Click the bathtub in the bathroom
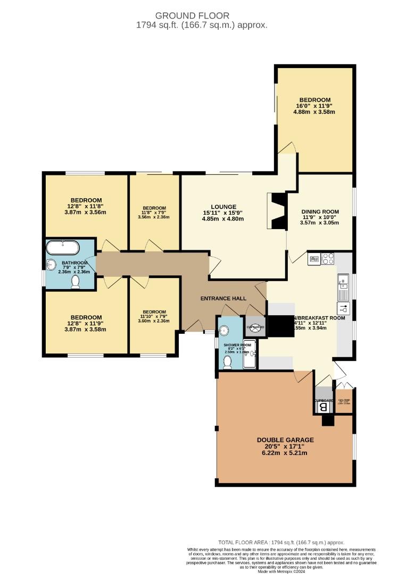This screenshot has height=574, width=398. [x=63, y=248]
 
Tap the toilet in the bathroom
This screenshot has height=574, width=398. [x=76, y=282]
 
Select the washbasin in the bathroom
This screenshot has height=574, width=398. [x=52, y=265]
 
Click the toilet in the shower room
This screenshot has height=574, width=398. [x=227, y=362]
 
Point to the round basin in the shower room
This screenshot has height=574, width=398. [x=224, y=329]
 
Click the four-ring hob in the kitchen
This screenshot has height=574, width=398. [x=328, y=259]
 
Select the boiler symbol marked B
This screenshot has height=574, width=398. [x=322, y=407]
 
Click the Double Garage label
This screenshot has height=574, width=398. [x=285, y=440]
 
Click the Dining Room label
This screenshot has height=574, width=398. [x=320, y=212]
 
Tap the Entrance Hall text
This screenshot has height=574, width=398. [x=223, y=298]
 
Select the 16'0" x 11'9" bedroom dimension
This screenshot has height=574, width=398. [x=315, y=106]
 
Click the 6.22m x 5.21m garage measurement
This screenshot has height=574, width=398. [x=285, y=453]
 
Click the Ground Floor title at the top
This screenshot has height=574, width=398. [x=200, y=16]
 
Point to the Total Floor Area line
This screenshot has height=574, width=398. [x=281, y=542]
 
